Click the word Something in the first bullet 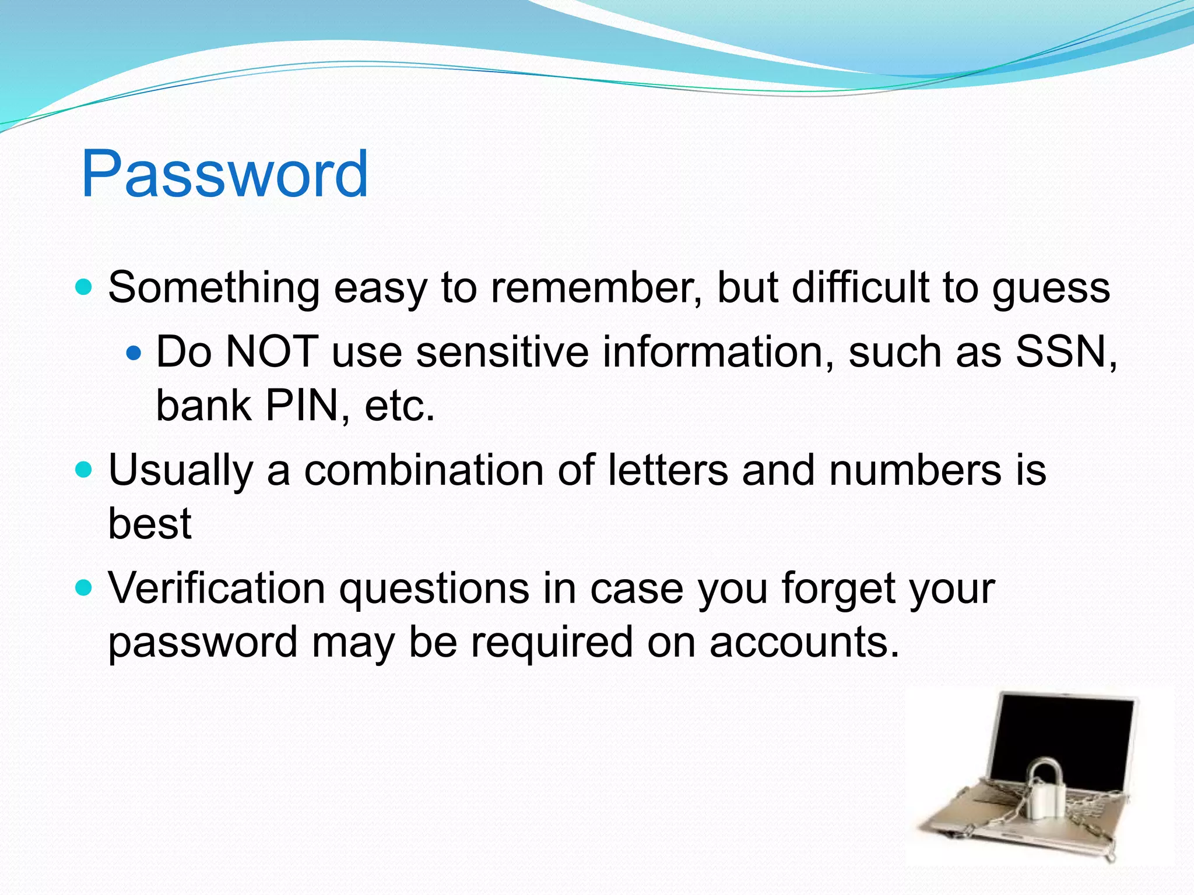[x=213, y=288]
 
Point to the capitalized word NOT [x=272, y=352]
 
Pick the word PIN [x=302, y=406]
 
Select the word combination [x=424, y=470]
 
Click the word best [x=150, y=523]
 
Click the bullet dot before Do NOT [x=134, y=353]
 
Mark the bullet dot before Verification [x=85, y=588]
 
